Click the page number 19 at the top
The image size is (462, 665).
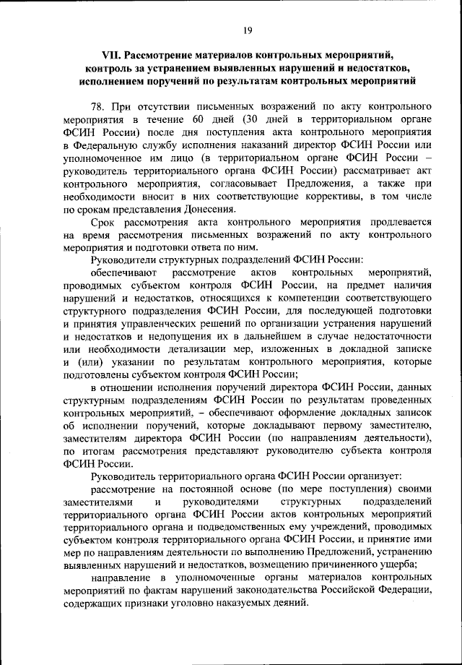pos(246,30)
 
